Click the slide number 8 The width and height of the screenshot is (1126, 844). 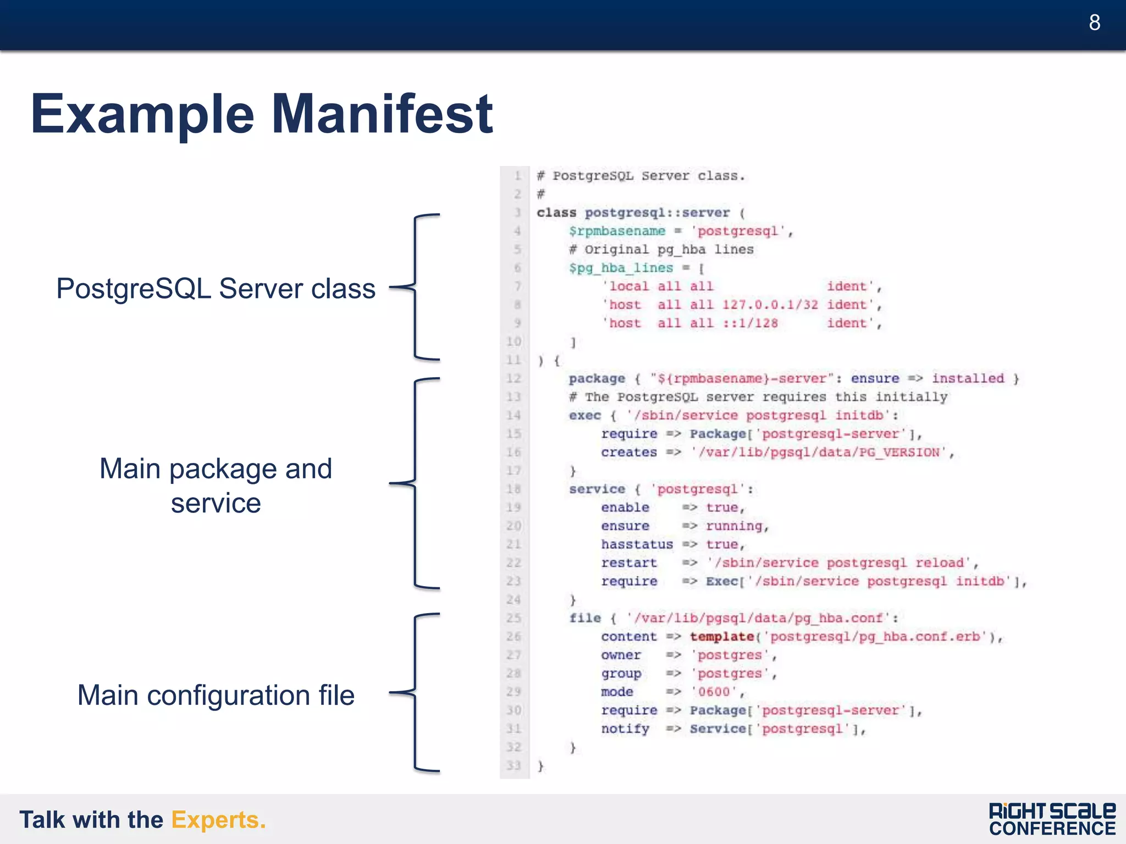pyautogui.click(x=1094, y=23)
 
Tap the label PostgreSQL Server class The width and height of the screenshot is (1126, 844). pyautogui.click(x=216, y=289)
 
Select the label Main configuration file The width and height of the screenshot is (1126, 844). pyautogui.click(x=216, y=695)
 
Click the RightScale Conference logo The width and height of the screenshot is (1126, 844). pyautogui.click(x=1052, y=819)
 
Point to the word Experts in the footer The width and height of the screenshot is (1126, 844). pyautogui.click(x=218, y=820)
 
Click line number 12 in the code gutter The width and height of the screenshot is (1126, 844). pyautogui.click(x=514, y=378)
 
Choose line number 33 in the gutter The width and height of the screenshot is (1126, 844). pyautogui.click(x=514, y=765)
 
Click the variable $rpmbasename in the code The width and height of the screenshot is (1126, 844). pyautogui.click(x=617, y=231)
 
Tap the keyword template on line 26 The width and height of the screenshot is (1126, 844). pyautogui.click(x=721, y=637)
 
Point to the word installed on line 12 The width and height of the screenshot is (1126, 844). pyautogui.click(x=968, y=378)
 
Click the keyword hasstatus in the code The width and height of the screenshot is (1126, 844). pyautogui.click(x=637, y=544)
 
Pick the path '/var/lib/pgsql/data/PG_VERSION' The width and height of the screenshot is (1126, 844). pyautogui.click(x=819, y=453)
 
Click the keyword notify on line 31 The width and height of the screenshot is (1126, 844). pyautogui.click(x=625, y=729)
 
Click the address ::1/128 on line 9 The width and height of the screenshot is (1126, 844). pyautogui.click(x=750, y=323)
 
